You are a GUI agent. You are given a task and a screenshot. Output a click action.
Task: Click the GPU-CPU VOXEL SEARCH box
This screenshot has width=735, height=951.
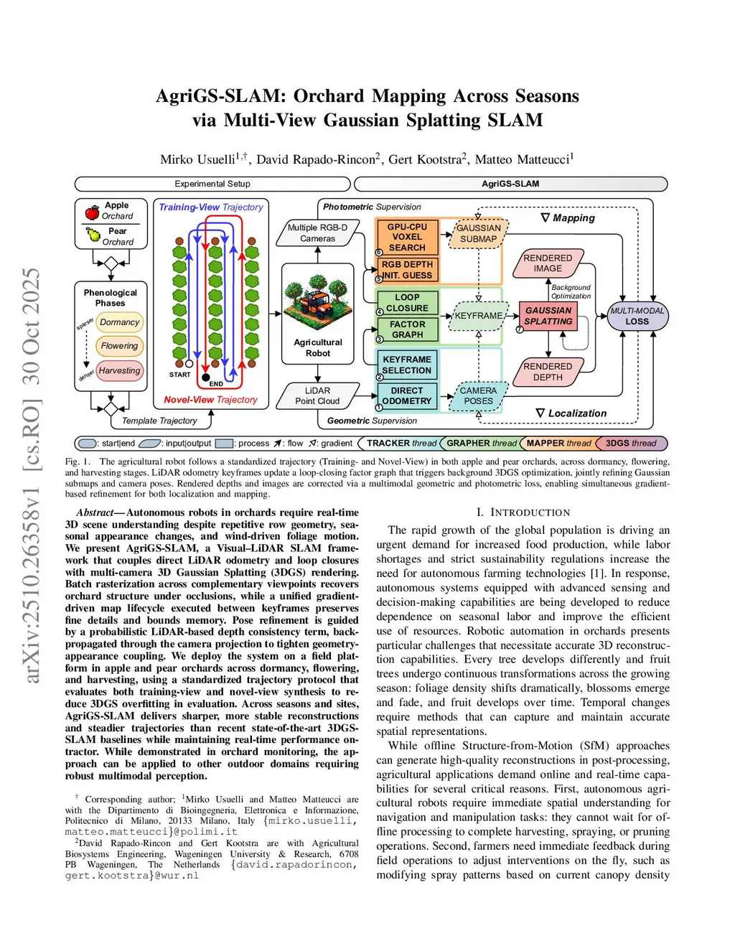[407, 237]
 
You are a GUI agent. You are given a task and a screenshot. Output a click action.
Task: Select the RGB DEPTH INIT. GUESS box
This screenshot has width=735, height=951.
[407, 270]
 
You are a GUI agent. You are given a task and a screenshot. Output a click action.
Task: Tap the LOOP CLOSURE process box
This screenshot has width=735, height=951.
[407, 302]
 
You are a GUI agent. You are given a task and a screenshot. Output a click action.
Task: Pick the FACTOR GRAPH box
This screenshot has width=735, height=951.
[407, 329]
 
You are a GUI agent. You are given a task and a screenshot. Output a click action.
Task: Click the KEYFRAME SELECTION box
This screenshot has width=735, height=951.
[407, 365]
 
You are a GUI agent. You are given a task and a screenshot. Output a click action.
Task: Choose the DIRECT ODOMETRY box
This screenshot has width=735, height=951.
[407, 396]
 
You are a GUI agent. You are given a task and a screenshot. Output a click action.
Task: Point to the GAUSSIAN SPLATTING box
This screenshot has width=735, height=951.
[548, 316]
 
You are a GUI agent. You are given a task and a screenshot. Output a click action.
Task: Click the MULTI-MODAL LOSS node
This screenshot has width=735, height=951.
[637, 316]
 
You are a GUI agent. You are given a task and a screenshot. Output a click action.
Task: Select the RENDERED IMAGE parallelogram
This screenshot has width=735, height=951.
[548, 263]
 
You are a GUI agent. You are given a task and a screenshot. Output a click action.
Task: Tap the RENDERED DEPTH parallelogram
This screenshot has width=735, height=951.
[548, 372]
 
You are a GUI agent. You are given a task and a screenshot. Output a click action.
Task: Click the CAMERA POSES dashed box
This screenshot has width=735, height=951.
[478, 396]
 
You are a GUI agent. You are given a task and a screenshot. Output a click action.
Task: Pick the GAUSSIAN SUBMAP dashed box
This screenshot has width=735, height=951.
[478, 233]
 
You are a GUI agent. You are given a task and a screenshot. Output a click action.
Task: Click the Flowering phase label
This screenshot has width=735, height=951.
[119, 346]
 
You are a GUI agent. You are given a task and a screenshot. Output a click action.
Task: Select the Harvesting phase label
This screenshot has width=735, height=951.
[119, 371]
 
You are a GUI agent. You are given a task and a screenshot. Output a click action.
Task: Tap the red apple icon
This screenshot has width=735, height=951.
[93, 212]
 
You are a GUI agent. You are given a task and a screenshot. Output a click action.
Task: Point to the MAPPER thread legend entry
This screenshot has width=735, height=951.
[558, 444]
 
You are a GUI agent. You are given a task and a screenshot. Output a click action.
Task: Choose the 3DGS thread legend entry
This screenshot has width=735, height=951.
[630, 444]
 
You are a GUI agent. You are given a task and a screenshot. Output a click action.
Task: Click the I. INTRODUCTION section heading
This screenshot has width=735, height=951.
[523, 512]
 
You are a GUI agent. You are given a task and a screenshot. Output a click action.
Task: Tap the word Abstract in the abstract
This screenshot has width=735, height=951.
[95, 512]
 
